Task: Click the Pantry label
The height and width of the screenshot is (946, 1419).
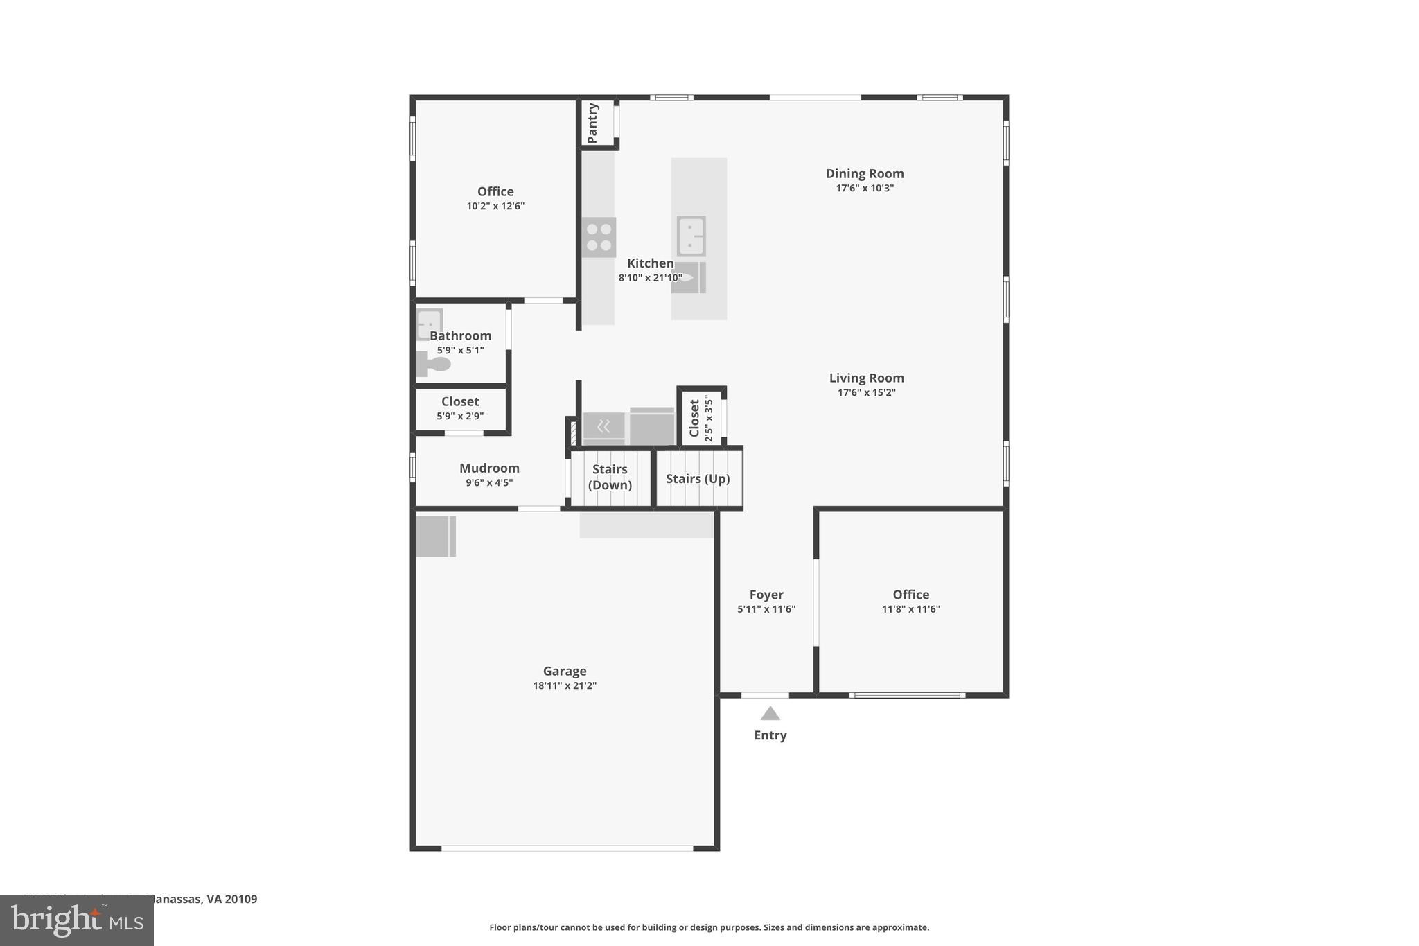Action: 593,123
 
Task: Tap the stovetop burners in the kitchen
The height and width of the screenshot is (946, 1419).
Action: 599,237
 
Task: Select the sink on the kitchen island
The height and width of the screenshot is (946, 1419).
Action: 691,236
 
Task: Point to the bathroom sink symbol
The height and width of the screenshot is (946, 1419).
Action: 429,323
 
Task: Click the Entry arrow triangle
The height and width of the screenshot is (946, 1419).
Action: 770,714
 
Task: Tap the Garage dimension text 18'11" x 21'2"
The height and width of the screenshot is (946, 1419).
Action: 564,685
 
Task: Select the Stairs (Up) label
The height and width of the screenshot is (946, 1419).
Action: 698,479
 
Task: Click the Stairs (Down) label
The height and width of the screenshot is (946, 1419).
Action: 610,477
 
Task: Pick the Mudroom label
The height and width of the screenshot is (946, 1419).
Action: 489,468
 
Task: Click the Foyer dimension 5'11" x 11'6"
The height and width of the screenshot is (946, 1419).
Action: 766,609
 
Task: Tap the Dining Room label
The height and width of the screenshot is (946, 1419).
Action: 864,173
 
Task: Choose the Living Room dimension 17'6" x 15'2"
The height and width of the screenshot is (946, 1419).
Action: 866,392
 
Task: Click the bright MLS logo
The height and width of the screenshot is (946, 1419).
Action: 77,920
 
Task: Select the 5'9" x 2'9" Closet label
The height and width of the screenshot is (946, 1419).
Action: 460,402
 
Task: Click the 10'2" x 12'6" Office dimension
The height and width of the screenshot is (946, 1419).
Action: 495,206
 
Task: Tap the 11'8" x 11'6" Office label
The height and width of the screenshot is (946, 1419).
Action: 910,595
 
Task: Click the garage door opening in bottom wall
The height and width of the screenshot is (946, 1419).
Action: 567,848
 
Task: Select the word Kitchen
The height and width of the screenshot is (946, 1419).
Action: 650,263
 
